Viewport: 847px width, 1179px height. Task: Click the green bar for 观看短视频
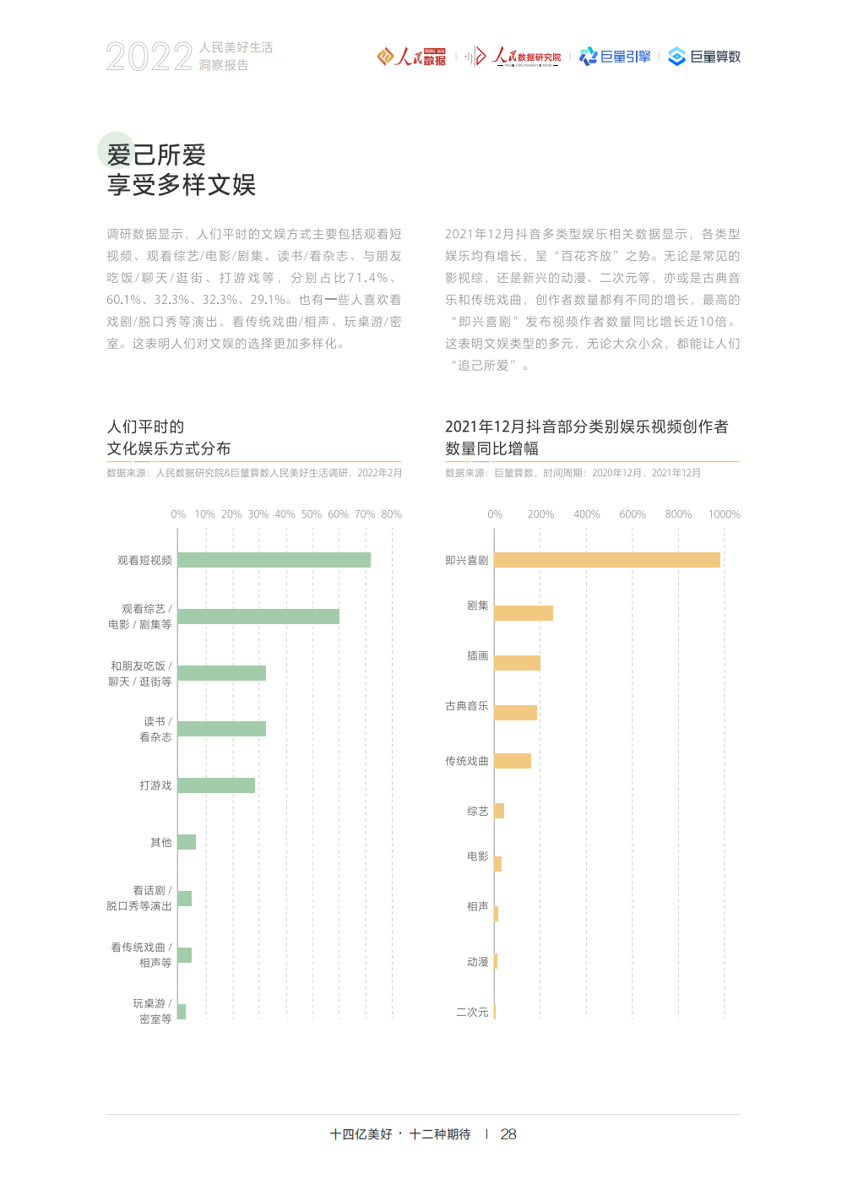point(274,560)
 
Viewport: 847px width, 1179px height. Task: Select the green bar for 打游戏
point(216,785)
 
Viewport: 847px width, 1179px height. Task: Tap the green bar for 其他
point(187,842)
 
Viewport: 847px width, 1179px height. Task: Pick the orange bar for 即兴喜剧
point(607,560)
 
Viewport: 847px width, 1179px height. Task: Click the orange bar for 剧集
point(524,613)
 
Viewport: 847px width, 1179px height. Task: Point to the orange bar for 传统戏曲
point(513,761)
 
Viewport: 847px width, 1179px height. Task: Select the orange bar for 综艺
point(499,811)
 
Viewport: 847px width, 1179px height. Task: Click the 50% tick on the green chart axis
point(312,514)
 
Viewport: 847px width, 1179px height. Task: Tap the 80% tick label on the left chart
point(392,514)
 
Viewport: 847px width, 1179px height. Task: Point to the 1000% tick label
point(725,514)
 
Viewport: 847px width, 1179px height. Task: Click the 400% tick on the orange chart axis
point(586,514)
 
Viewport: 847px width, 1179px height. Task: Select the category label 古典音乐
point(467,706)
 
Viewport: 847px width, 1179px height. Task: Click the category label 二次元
point(472,1012)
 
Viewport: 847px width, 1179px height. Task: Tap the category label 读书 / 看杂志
point(155,729)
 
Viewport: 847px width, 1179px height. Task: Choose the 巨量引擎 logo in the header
point(615,57)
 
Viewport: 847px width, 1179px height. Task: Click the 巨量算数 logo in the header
point(704,57)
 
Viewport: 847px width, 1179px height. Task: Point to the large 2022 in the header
point(149,57)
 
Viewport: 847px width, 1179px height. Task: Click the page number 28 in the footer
point(508,1134)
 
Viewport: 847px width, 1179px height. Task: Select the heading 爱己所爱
point(156,155)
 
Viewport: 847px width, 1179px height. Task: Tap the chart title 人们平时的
point(145,427)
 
